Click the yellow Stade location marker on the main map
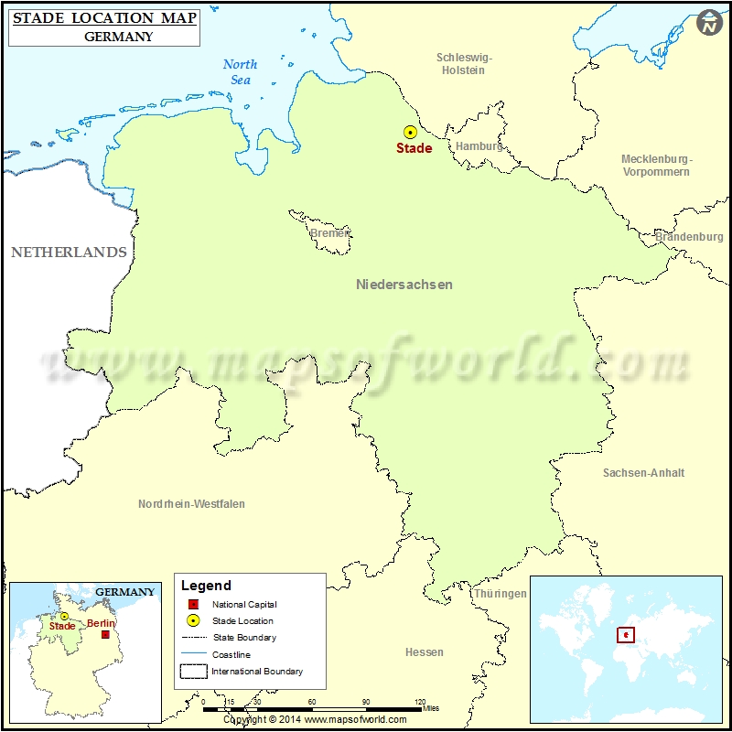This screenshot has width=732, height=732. pos(410,133)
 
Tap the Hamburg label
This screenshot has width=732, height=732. pos(479,146)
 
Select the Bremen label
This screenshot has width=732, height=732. pos(329,233)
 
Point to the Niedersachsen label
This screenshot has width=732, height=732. pos(404,285)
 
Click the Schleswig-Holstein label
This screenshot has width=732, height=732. pos(464,64)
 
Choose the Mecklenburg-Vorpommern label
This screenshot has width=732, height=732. pos(656,166)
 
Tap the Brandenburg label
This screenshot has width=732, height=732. pos(689,237)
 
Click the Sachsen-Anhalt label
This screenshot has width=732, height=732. pos(643,473)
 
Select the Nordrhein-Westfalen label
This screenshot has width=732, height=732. pos(191,504)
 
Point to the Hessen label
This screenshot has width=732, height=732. pos(424,652)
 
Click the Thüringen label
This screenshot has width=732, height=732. pos(500,594)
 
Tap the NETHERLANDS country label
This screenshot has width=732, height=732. pos(69,253)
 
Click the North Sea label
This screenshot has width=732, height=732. pos(241,72)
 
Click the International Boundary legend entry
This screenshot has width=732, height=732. pos(257,672)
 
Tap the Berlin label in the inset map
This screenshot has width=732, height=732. pos(101,624)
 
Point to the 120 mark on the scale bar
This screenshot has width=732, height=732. pos(420,702)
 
